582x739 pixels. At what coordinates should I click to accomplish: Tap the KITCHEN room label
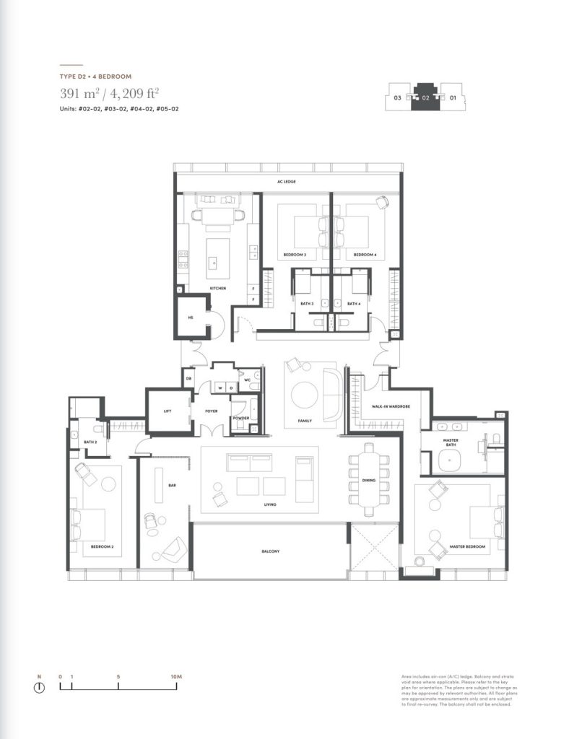pyautogui.click(x=217, y=289)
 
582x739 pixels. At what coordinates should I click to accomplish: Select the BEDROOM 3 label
pyautogui.click(x=295, y=255)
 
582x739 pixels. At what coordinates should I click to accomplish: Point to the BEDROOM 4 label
pyautogui.click(x=365, y=255)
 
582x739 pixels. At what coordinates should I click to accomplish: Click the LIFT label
pyautogui.click(x=168, y=411)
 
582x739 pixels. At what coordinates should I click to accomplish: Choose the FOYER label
pyautogui.click(x=211, y=411)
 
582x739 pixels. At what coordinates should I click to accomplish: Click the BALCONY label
pyautogui.click(x=271, y=551)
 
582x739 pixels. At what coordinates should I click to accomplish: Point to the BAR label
pyautogui.click(x=172, y=486)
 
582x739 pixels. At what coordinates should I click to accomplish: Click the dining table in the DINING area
pyautogui.click(x=370, y=480)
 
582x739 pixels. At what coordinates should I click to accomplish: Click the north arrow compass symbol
pyautogui.click(x=39, y=688)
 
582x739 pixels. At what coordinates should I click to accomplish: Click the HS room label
pyautogui.click(x=191, y=317)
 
